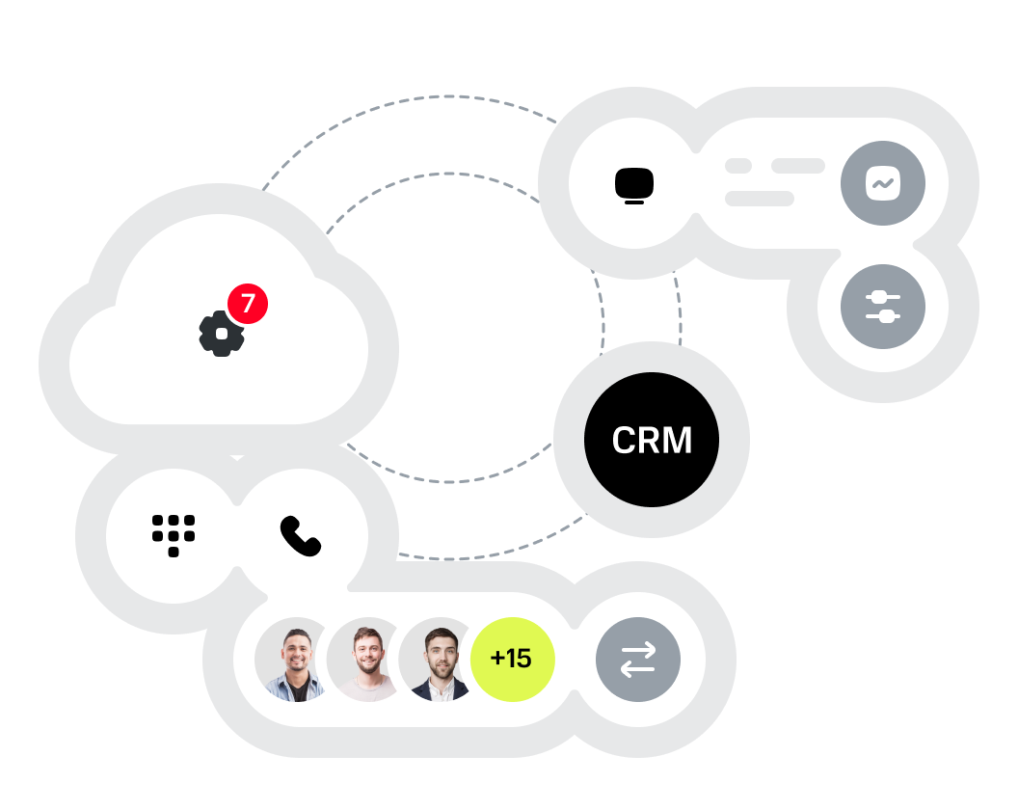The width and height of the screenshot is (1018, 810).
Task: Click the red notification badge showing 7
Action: point(248,304)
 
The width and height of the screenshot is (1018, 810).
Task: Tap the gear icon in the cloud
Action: point(222,334)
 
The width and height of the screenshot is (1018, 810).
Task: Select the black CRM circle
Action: point(652,440)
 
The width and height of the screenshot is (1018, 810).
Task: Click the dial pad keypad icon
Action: point(174,535)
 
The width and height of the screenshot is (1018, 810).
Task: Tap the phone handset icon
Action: point(300,536)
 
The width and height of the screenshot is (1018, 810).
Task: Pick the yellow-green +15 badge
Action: point(512,660)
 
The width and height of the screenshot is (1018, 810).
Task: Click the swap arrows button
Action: point(638,660)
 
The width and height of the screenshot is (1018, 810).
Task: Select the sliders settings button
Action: point(883,307)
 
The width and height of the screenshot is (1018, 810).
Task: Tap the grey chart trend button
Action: point(883,183)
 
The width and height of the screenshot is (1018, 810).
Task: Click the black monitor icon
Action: point(634,184)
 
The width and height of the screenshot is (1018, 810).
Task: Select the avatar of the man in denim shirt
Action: point(295,661)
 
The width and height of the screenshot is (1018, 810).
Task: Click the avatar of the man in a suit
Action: point(440,661)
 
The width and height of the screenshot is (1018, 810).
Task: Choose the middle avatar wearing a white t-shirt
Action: point(367,661)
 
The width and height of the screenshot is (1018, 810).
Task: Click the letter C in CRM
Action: point(625,441)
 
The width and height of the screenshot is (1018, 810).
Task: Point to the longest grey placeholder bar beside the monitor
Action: point(760,199)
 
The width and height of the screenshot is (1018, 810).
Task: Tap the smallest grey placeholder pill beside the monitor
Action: point(738,166)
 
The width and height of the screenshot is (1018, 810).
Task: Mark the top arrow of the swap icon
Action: point(638,651)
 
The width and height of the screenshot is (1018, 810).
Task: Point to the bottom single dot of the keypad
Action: point(174,553)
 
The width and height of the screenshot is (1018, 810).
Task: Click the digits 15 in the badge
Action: point(519,660)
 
